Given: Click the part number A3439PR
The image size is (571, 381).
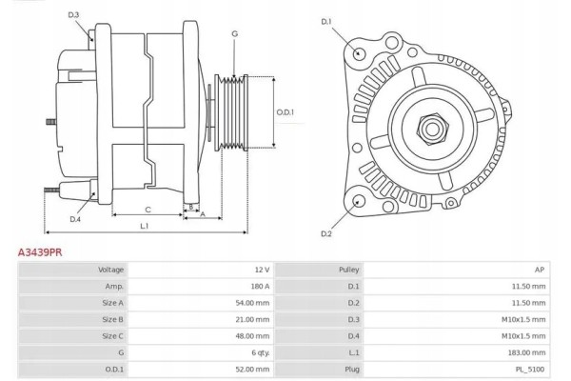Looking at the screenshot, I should [x=41, y=252].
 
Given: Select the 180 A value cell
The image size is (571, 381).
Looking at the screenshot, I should [x=258, y=286].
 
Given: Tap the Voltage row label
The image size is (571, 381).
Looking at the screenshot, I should [x=111, y=270].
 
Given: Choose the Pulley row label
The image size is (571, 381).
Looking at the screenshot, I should [x=349, y=270].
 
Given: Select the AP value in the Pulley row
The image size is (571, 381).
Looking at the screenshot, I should [x=540, y=270].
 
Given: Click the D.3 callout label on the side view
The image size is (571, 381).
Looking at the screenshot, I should [x=74, y=14].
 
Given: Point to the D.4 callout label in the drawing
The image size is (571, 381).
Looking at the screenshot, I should [x=75, y=220].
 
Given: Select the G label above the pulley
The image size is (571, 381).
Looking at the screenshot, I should [x=234, y=35].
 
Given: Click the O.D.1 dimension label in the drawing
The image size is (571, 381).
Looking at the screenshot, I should [x=285, y=111].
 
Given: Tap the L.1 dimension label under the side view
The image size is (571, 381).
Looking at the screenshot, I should [x=144, y=226].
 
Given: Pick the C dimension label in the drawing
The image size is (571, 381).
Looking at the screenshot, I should [x=148, y=209].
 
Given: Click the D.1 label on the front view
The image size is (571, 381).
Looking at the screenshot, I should [x=326, y=21].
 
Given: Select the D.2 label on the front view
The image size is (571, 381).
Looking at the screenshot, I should [x=326, y=233].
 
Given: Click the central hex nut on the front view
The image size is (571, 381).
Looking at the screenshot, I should [x=431, y=126].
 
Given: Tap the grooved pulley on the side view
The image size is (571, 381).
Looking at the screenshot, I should [x=233, y=111].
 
